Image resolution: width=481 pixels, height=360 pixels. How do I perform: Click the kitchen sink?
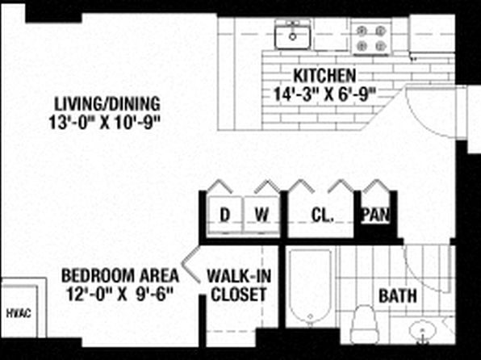(x=293, y=36)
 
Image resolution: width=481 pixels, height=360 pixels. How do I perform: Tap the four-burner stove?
(x=371, y=39)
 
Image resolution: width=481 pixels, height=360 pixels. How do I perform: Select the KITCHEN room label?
(x=324, y=76)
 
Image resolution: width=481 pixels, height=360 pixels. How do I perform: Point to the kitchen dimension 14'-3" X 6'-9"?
(x=324, y=94)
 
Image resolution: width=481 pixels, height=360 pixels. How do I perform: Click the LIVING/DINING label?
(x=107, y=104)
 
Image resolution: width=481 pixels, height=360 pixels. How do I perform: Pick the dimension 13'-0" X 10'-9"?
(x=105, y=123)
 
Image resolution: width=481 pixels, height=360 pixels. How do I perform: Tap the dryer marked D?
(x=225, y=215)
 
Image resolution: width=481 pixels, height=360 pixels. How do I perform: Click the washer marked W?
(x=261, y=215)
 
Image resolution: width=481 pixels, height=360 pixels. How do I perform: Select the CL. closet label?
(x=322, y=216)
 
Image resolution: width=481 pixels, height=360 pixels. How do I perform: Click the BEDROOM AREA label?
(x=120, y=275)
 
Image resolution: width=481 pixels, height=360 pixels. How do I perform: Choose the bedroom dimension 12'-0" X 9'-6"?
(x=120, y=294)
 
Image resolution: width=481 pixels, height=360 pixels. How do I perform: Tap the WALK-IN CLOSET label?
(x=239, y=285)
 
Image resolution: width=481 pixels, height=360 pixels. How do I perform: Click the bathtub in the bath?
(x=311, y=287)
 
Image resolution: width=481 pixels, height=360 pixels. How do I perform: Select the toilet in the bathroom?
(x=364, y=324)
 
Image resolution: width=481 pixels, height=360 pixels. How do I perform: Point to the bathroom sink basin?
(x=423, y=331)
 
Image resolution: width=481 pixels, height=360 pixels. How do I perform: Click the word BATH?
(x=398, y=296)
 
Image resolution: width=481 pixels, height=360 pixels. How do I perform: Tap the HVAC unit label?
(x=19, y=313)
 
